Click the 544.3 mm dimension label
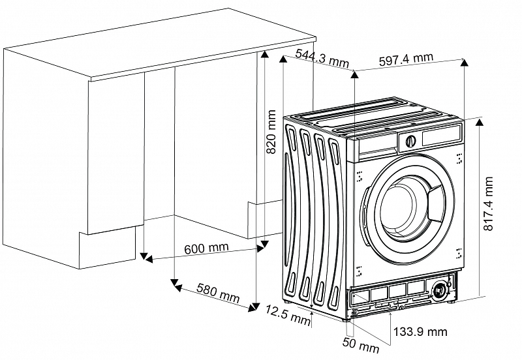coord(322,58)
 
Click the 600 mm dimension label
coord(206,248)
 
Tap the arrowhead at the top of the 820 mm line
coord(264,55)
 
